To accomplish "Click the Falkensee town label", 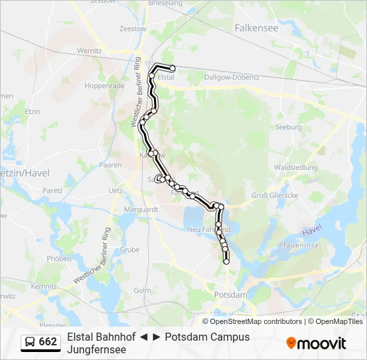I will (256, 28).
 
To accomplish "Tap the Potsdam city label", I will (231, 294).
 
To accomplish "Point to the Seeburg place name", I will (288, 127).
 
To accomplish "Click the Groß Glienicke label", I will (274, 195).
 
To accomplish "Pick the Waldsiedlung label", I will (296, 167).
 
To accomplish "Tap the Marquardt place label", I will (141, 209).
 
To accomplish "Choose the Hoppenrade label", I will (105, 86).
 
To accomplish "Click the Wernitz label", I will (89, 50).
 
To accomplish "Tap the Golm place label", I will (142, 290).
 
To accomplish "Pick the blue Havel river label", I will (312, 231).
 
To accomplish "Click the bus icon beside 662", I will (30, 342).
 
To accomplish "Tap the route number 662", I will (48, 342).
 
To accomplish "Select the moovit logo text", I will (322, 343).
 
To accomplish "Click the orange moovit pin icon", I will (291, 343).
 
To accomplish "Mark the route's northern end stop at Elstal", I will (173, 68).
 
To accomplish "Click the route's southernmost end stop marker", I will (226, 262).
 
